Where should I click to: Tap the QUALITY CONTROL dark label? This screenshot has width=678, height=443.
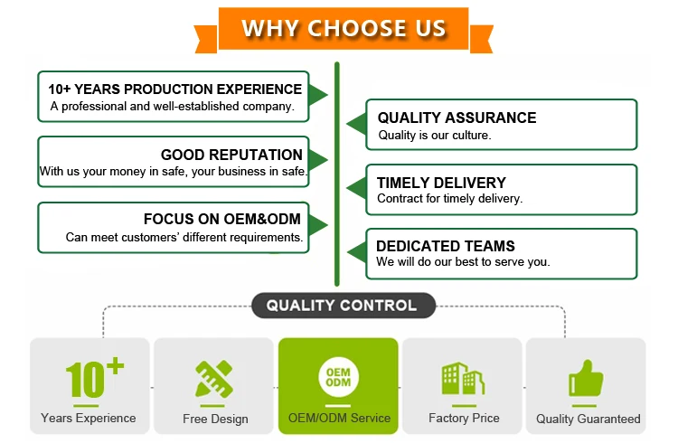coord(341,306)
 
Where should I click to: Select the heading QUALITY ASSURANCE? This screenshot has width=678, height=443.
coord(457,118)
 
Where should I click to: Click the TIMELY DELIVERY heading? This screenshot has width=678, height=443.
coord(441,183)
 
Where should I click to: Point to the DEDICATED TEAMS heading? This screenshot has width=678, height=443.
coord(446,246)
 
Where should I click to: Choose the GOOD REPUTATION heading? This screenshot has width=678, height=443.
coord(231,155)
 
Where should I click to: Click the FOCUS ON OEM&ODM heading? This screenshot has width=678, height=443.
coord(222,219)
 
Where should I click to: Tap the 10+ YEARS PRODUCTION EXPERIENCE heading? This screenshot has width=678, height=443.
coord(175,90)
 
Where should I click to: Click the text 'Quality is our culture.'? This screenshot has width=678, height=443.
coord(434,136)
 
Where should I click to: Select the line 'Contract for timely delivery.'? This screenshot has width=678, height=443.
coord(449,199)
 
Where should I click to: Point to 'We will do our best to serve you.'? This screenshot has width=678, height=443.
coord(463,263)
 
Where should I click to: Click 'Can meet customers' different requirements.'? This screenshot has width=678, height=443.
coord(184,237)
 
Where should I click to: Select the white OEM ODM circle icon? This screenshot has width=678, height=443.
coord(339,378)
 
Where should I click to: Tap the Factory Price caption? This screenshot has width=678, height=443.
coord(464,419)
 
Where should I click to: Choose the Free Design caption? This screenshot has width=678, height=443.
coord(215,419)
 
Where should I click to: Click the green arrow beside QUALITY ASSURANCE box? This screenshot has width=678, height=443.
coord(356,124)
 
